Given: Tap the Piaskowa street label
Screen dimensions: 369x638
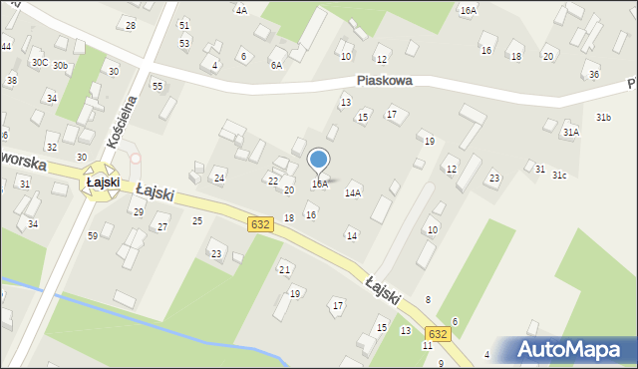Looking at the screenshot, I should pos(385,83).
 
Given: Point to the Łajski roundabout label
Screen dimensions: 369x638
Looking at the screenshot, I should pos(103,183).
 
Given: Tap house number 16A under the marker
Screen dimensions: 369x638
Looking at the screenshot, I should pos(319,184).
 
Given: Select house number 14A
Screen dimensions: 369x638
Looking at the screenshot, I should pos(352,192).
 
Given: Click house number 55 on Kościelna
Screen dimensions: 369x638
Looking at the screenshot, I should pos(158,87).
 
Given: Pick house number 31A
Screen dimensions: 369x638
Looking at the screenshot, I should pos(570,132).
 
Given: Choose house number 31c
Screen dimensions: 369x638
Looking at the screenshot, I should pos(559,176).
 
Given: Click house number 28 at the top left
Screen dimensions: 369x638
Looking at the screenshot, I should pos(130,25).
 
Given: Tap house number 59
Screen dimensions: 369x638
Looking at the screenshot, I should pos(92,235).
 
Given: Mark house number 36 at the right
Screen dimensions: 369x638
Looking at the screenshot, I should pos(594,75).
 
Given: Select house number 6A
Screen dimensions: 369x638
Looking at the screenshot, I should pos(275,65).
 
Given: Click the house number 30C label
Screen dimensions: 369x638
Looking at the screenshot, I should pos(39,62).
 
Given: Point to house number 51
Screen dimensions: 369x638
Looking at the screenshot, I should pos(183,24).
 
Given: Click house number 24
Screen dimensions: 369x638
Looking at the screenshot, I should pos(219,178).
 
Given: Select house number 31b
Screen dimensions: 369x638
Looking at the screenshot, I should pos(603,118).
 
